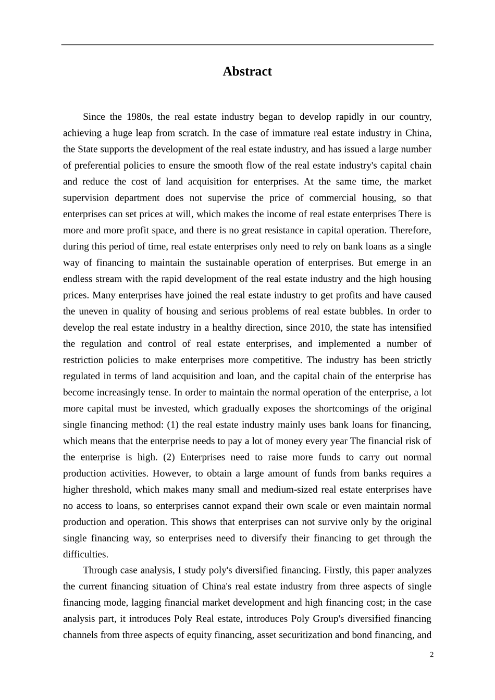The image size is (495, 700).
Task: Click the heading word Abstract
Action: [x=247, y=71]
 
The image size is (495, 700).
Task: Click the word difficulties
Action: [x=85, y=554]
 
